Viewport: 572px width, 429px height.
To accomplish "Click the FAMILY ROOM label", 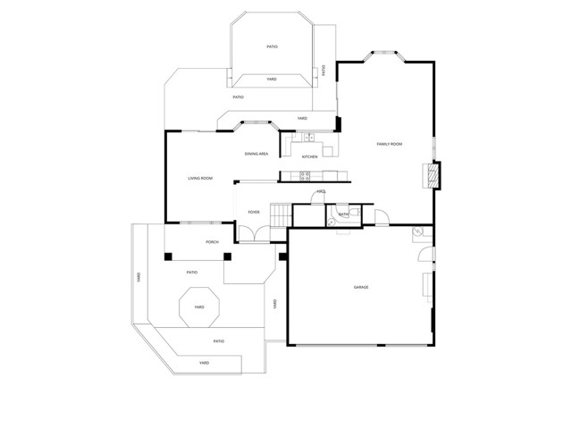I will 389,144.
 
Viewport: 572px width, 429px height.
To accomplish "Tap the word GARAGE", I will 361,287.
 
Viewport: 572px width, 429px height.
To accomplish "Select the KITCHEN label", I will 309,157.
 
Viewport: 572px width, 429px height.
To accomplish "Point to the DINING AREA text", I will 257,155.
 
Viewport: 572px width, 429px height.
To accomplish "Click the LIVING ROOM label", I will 200,179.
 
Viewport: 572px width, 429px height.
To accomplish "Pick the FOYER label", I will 254,212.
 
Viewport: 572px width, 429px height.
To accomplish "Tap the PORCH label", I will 213,242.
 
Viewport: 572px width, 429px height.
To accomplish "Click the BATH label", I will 343,214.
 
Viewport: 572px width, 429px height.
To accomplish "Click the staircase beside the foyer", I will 281,214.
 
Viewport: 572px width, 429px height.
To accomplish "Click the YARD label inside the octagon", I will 198,307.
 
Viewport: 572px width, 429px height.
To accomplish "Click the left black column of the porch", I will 168,257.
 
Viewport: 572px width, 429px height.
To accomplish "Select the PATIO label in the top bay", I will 272,46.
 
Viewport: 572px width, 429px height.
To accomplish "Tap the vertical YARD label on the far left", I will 139,278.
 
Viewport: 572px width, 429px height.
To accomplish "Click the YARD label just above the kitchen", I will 302,118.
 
